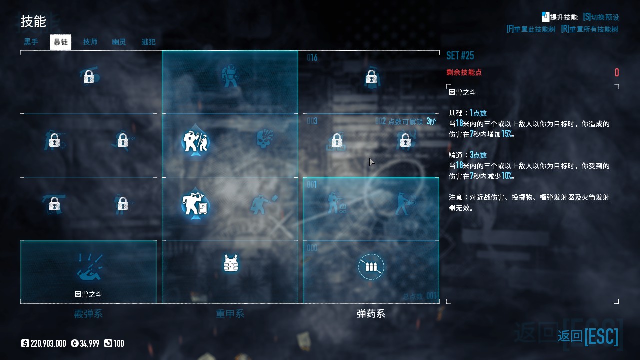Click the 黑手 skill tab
click(x=31, y=42)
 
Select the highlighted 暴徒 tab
click(x=61, y=42)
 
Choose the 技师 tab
click(x=90, y=42)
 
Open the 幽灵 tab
click(x=119, y=42)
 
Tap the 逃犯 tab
click(x=148, y=42)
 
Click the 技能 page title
click(x=33, y=21)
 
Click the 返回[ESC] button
click(x=588, y=336)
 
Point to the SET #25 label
click(x=460, y=55)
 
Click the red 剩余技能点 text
click(x=464, y=72)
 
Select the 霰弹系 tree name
click(x=88, y=314)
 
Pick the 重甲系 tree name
click(x=230, y=314)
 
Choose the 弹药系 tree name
click(x=371, y=314)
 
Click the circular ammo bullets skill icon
click(x=371, y=267)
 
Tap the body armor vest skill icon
click(x=230, y=263)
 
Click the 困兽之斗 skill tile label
click(x=88, y=294)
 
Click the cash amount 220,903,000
click(x=48, y=343)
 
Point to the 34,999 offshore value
click(x=89, y=343)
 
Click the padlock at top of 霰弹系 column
click(x=89, y=77)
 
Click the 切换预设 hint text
click(x=605, y=17)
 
